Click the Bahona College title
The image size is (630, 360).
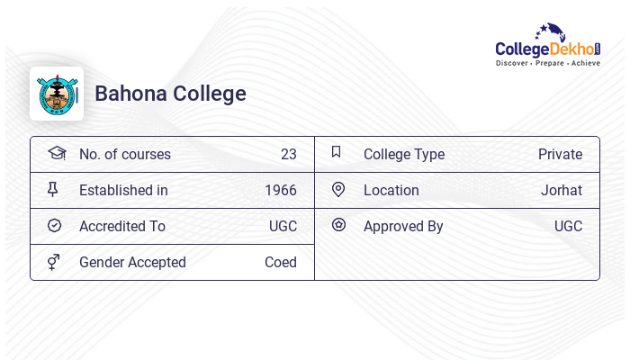170,94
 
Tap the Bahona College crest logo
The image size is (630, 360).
57,94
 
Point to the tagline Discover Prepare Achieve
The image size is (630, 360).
547,64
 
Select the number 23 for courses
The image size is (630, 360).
288,154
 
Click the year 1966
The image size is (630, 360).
281,190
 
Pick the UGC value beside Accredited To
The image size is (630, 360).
283,226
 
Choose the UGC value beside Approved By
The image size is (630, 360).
568,226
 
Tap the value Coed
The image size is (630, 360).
281,262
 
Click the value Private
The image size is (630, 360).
560,154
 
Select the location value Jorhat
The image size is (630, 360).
562,190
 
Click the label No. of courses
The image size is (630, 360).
125,154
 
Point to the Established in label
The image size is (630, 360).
123,190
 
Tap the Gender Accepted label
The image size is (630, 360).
132,262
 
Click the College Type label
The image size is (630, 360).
404,154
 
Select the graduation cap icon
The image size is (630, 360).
57,153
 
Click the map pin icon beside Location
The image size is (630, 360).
338,189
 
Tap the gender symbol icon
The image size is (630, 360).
54,262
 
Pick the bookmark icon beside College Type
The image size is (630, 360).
337,152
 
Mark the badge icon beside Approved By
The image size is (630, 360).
338,225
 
